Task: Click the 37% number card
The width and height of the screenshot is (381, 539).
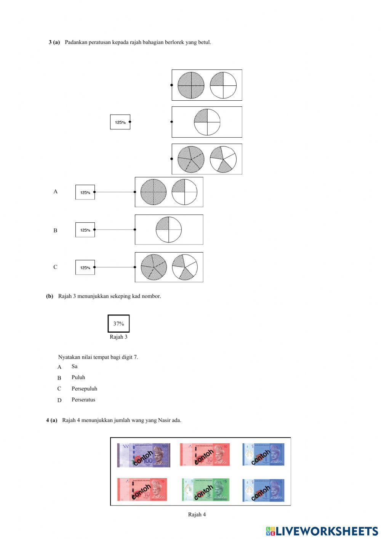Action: click(x=118, y=323)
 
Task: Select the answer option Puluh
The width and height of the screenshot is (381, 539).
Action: click(x=78, y=378)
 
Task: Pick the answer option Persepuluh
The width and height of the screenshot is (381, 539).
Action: click(x=84, y=389)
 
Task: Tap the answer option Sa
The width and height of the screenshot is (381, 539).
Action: click(x=74, y=367)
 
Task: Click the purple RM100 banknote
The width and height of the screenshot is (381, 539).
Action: click(x=144, y=455)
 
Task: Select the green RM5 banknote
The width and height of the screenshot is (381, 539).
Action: click(x=206, y=490)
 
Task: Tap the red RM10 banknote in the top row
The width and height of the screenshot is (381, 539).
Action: click(x=205, y=455)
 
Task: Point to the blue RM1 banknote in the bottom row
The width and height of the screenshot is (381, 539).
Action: click(x=263, y=490)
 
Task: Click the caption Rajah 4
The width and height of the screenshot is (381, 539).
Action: click(x=197, y=515)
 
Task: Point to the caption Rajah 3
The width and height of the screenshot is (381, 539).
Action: click(x=118, y=337)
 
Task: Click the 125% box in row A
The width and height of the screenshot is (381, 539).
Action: click(x=85, y=192)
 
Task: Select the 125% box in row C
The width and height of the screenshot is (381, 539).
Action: click(x=85, y=267)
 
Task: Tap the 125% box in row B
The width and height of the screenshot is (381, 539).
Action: click(x=85, y=230)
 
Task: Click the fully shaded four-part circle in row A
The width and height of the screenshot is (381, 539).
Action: click(x=154, y=192)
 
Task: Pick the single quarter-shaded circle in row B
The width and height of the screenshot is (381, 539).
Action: click(x=168, y=230)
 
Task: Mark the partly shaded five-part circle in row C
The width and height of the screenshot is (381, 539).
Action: click(x=184, y=267)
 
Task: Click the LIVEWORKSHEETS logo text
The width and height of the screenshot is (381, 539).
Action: click(x=327, y=531)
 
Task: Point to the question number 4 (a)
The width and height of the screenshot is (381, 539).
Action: click(x=52, y=420)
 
